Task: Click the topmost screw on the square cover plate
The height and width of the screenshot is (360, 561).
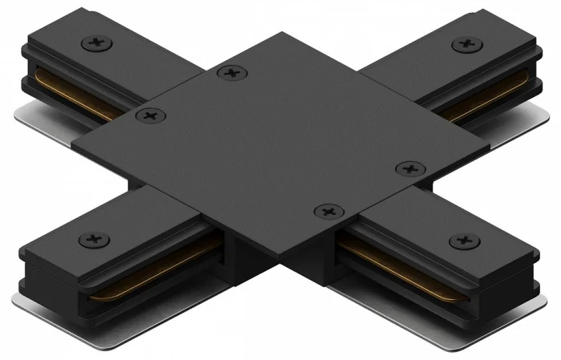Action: pos(232,73)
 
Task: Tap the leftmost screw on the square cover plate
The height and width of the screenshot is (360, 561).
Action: pos(148,117)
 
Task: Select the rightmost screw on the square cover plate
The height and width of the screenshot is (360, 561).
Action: pos(410,168)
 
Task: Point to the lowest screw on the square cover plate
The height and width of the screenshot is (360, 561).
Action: pos(328,212)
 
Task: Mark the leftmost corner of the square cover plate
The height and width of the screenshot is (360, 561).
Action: pos(72,145)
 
